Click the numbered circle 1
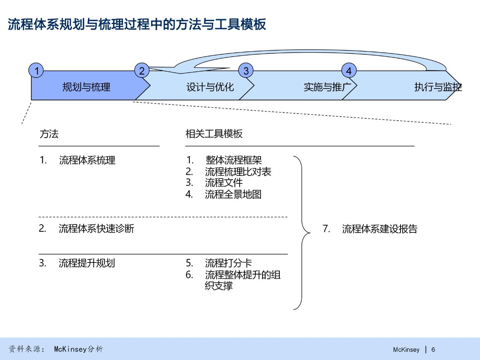click(36, 70)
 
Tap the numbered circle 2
click(142, 70)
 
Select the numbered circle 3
click(246, 70)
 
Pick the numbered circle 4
click(349, 70)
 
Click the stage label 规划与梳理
click(86, 87)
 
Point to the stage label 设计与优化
click(210, 87)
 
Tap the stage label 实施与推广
click(327, 87)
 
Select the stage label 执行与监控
click(438, 87)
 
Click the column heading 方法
click(49, 134)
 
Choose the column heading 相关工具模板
click(214, 134)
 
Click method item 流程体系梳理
click(87, 160)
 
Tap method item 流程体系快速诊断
click(96, 228)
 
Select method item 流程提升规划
click(87, 263)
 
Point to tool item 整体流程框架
click(233, 160)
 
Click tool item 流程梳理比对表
click(238, 172)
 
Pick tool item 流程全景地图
click(233, 194)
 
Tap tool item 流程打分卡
click(228, 263)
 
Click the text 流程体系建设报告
click(379, 229)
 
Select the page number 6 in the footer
click(433, 349)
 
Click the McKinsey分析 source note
click(78, 349)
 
